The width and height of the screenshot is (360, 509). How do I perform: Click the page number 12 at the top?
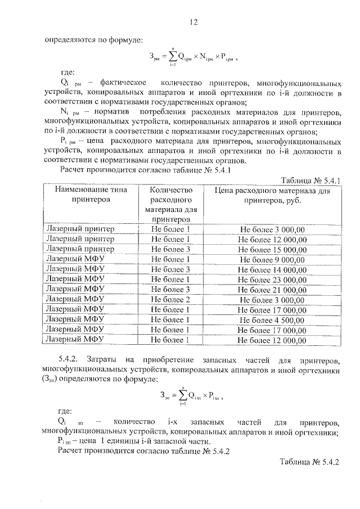click(x=193, y=22)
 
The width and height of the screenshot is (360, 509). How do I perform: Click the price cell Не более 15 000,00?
click(x=272, y=249)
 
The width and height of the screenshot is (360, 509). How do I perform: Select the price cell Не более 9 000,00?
click(x=272, y=259)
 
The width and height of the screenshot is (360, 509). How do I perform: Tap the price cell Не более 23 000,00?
click(x=272, y=280)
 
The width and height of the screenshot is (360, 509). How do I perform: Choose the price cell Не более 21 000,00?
click(x=272, y=290)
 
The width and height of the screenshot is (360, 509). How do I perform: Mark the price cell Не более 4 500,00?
click(x=272, y=320)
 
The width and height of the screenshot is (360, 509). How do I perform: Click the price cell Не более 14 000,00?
click(x=272, y=269)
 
